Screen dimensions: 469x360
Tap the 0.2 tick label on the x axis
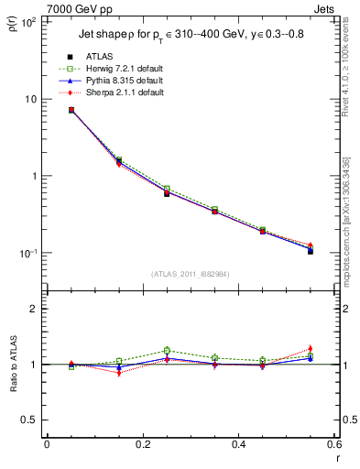pyautogui.click(x=142, y=445)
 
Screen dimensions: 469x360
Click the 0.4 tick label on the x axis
pyautogui.click(x=238, y=445)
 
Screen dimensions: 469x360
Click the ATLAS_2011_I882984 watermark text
pyautogui.click(x=191, y=274)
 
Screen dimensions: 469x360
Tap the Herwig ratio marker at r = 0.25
pyautogui.click(x=167, y=350)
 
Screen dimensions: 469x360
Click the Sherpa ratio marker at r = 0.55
pyautogui.click(x=311, y=349)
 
